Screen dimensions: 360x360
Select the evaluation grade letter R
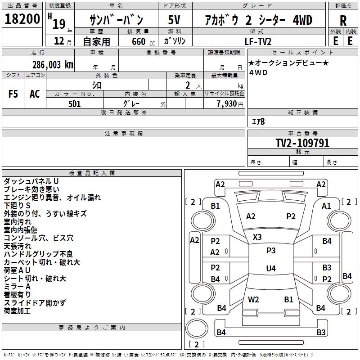coord(343,21)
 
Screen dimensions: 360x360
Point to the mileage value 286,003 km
coord(53,64)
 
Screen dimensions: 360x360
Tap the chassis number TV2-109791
coord(302,144)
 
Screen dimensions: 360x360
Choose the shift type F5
coord(13,94)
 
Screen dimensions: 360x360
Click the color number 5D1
coord(74,103)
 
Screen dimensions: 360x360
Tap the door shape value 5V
coord(175,20)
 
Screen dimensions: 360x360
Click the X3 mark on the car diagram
coord(257,237)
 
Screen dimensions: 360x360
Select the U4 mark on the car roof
coord(270,269)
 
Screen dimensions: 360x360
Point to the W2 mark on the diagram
coord(253,299)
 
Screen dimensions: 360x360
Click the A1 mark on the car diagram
coord(326,206)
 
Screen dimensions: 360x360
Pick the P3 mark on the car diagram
coord(271,251)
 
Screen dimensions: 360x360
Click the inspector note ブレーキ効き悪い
coord(31,189)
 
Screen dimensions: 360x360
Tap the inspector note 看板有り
coord(18,295)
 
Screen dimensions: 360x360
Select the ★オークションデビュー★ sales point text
coord(288,63)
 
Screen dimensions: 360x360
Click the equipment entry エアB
coord(258,121)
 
